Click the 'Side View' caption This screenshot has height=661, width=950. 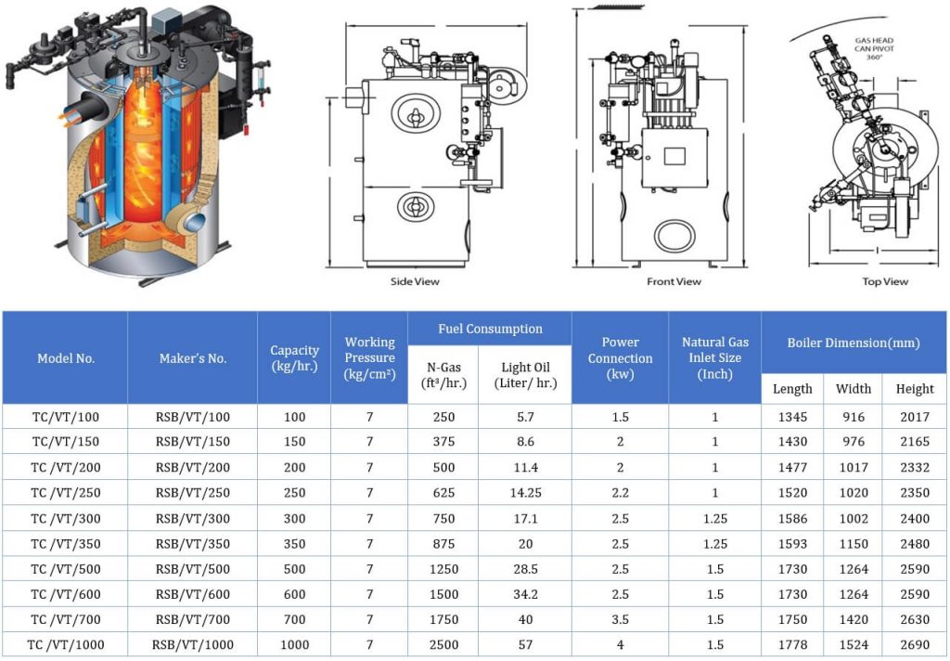tap(415, 281)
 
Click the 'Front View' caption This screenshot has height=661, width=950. tap(674, 281)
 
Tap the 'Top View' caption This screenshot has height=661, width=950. tap(885, 281)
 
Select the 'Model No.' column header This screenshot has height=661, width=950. tap(66, 358)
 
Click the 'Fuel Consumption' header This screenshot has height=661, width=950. tap(490, 329)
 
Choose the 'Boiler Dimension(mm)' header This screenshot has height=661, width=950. tap(854, 343)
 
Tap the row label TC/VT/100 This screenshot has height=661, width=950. tap(66, 417)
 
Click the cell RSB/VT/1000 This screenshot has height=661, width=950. tap(193, 644)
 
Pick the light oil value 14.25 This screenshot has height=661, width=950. tap(525, 493)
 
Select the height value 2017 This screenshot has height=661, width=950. tap(915, 417)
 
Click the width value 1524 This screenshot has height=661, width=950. tap(854, 644)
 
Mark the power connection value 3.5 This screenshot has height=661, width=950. tap(619, 619)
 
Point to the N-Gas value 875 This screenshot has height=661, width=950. tap(443, 544)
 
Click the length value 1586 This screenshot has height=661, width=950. tap(791, 518)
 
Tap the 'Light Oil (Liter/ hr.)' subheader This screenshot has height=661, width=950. tap(525, 375)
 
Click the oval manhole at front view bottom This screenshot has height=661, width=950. tap(674, 236)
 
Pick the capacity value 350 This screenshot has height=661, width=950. tap(293, 544)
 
